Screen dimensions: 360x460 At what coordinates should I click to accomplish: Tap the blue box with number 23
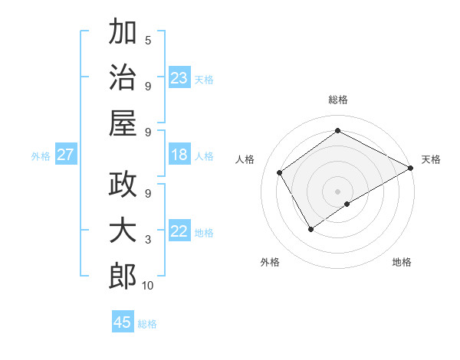point(179,78)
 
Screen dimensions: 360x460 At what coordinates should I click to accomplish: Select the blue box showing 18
point(179,155)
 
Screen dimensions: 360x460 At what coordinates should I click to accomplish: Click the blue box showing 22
point(179,232)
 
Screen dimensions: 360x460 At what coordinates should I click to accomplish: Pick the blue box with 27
point(66,155)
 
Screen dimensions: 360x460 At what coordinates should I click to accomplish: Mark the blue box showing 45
point(123,322)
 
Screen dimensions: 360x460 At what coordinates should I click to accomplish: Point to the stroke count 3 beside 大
point(148,240)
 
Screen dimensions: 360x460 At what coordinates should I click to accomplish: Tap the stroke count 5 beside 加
point(148,40)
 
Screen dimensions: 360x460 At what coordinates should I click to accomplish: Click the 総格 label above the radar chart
point(337,100)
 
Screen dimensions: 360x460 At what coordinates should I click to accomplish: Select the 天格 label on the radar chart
point(431,159)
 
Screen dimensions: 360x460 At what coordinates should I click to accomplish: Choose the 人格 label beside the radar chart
point(245,159)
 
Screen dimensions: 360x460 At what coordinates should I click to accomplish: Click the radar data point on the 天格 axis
point(411,169)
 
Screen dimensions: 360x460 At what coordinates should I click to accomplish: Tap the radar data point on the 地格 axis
point(347,204)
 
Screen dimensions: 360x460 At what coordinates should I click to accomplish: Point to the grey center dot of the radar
point(337,190)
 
